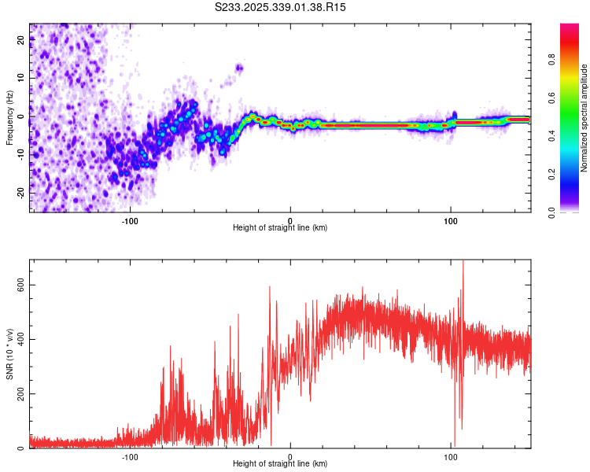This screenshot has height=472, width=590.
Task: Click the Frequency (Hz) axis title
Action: [x=9, y=117]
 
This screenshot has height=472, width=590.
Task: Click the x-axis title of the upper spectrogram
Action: [x=280, y=228]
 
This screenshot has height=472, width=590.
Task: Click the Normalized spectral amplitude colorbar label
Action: [x=584, y=117]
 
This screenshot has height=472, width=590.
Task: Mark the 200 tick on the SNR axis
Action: [x=20, y=393]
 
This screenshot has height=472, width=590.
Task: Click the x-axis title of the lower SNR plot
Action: [x=280, y=464]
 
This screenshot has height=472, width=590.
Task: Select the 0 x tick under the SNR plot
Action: [x=290, y=455]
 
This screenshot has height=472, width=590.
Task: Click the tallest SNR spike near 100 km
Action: [x=463, y=262]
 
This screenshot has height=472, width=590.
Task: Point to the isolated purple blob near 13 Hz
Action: [x=239, y=68]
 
